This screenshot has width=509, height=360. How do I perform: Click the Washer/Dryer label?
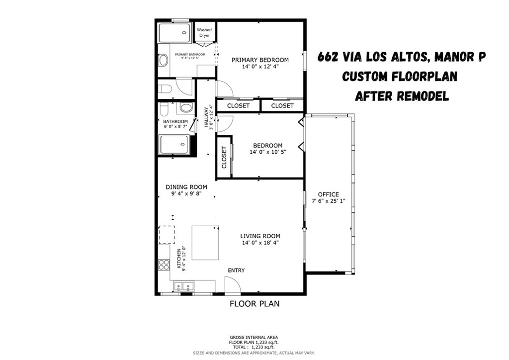coord(204,33)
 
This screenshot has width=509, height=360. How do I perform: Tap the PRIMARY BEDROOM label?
coord(260,60)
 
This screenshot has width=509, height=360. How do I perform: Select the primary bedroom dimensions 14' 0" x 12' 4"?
coord(260,67)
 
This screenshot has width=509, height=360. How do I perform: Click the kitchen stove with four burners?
coord(164,265)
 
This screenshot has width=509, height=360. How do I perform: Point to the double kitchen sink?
coord(184,286)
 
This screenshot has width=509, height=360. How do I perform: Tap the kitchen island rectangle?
coord(205,243)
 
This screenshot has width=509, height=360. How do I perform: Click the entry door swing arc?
coord(233,285)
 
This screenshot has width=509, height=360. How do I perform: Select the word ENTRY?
coord(236,270)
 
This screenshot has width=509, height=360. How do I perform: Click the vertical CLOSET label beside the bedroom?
coord(224,157)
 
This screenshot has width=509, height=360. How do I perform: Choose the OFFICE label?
coord(329,194)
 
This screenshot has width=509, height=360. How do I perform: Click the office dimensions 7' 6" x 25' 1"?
coord(329,201)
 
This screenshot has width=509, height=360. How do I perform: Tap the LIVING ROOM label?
coord(260,236)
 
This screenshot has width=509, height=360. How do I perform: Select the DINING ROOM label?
coord(186,187)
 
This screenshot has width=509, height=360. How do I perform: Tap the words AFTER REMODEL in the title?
coord(402,96)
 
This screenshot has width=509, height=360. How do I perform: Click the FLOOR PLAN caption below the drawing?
coord(254,303)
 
